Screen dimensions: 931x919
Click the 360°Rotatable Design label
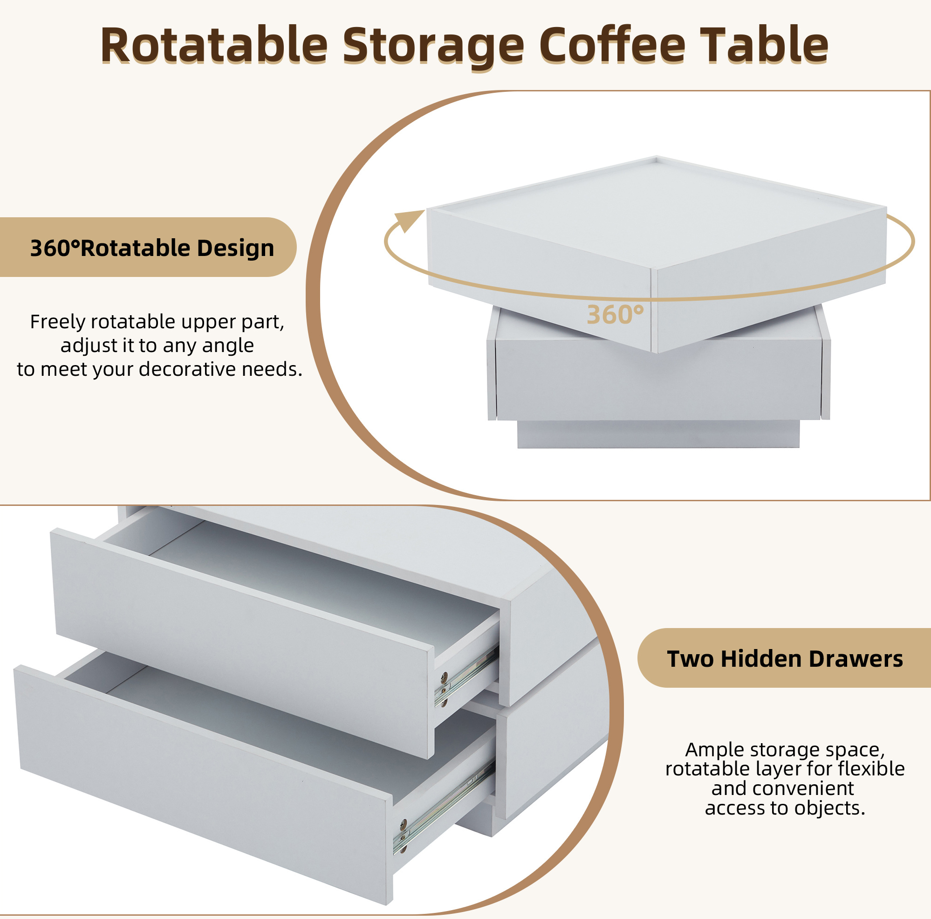click(152, 248)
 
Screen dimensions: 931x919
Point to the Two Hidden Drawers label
click(785, 659)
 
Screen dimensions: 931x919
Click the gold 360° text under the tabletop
click(616, 315)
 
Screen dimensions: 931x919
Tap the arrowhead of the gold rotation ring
click(408, 221)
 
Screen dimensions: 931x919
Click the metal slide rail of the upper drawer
click(466, 678)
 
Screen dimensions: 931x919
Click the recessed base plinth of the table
click(658, 434)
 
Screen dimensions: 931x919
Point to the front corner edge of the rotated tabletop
click(654, 311)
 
